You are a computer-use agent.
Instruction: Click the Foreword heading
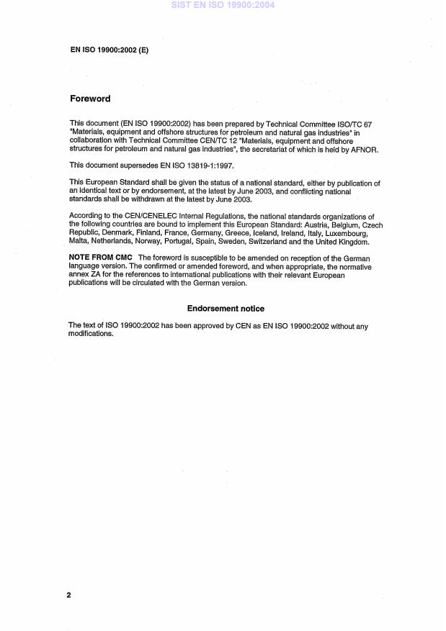(90, 99)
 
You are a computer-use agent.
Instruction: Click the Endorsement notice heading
(226, 309)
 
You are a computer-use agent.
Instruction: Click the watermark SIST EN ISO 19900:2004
(223, 6)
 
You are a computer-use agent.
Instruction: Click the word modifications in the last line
(92, 334)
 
